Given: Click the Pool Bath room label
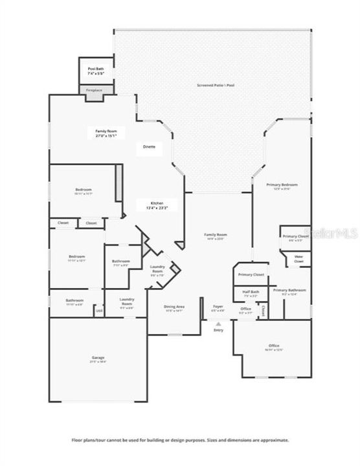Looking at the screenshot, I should [x=96, y=69].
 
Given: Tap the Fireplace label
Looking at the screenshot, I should [x=94, y=90].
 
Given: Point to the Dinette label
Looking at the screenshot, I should [x=150, y=147].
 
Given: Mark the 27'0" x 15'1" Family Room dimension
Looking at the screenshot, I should [x=107, y=136].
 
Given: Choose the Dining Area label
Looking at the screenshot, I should [x=174, y=306].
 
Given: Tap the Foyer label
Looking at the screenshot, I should [x=218, y=306].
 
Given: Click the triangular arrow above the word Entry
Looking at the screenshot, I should [x=218, y=323].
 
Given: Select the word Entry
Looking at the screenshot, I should [x=218, y=330].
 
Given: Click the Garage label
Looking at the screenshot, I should [x=98, y=358].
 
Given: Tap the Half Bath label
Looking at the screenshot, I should [x=251, y=291].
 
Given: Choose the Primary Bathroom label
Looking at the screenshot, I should [x=289, y=290].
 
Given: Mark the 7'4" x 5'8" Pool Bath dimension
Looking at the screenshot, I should [x=96, y=74].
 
